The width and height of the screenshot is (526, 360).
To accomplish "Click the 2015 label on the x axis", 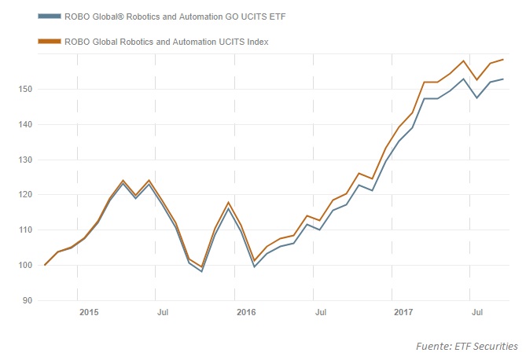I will (89, 313).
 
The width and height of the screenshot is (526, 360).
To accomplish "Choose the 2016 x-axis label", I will (246, 313).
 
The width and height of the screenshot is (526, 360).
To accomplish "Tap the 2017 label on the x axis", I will (403, 313).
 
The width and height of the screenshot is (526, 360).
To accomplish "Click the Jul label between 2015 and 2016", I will (163, 313).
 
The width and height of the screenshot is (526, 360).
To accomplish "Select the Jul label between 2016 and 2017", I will (320, 313).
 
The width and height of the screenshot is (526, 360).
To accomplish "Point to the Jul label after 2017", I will (476, 313).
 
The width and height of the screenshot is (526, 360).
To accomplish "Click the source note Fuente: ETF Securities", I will (467, 346).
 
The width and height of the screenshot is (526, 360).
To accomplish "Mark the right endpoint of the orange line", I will (503, 60).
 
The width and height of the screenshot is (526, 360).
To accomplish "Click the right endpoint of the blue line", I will (503, 79).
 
